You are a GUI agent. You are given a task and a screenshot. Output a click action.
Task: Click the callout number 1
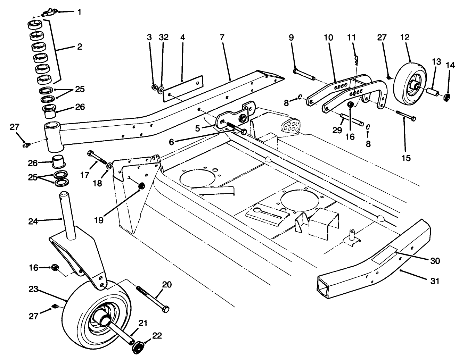tap(80, 12)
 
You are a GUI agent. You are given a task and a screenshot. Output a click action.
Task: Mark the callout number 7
tap(222, 37)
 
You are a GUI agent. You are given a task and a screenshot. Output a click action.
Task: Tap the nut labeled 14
tap(447, 97)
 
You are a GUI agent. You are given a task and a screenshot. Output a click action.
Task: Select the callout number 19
tap(99, 220)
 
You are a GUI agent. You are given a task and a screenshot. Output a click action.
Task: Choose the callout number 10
tap(329, 37)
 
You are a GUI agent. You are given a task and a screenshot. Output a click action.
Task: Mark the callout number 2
tap(80, 46)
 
